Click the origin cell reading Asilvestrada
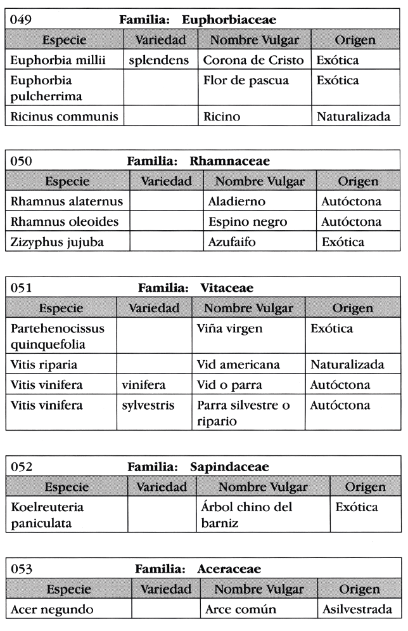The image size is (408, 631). [x=359, y=610]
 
